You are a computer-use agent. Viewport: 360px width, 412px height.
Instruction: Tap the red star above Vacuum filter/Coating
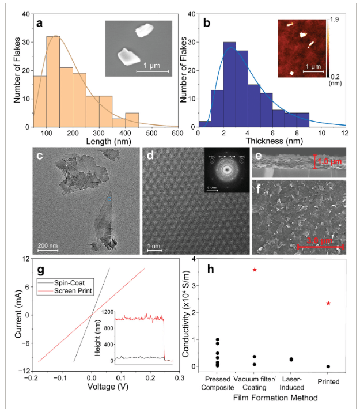click(x=255, y=270)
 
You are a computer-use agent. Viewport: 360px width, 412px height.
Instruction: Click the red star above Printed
click(x=328, y=303)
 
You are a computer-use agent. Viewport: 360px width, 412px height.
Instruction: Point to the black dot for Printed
click(x=328, y=366)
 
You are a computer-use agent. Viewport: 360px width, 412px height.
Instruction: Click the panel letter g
click(x=41, y=270)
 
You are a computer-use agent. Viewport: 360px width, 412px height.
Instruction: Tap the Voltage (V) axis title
click(x=93, y=388)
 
